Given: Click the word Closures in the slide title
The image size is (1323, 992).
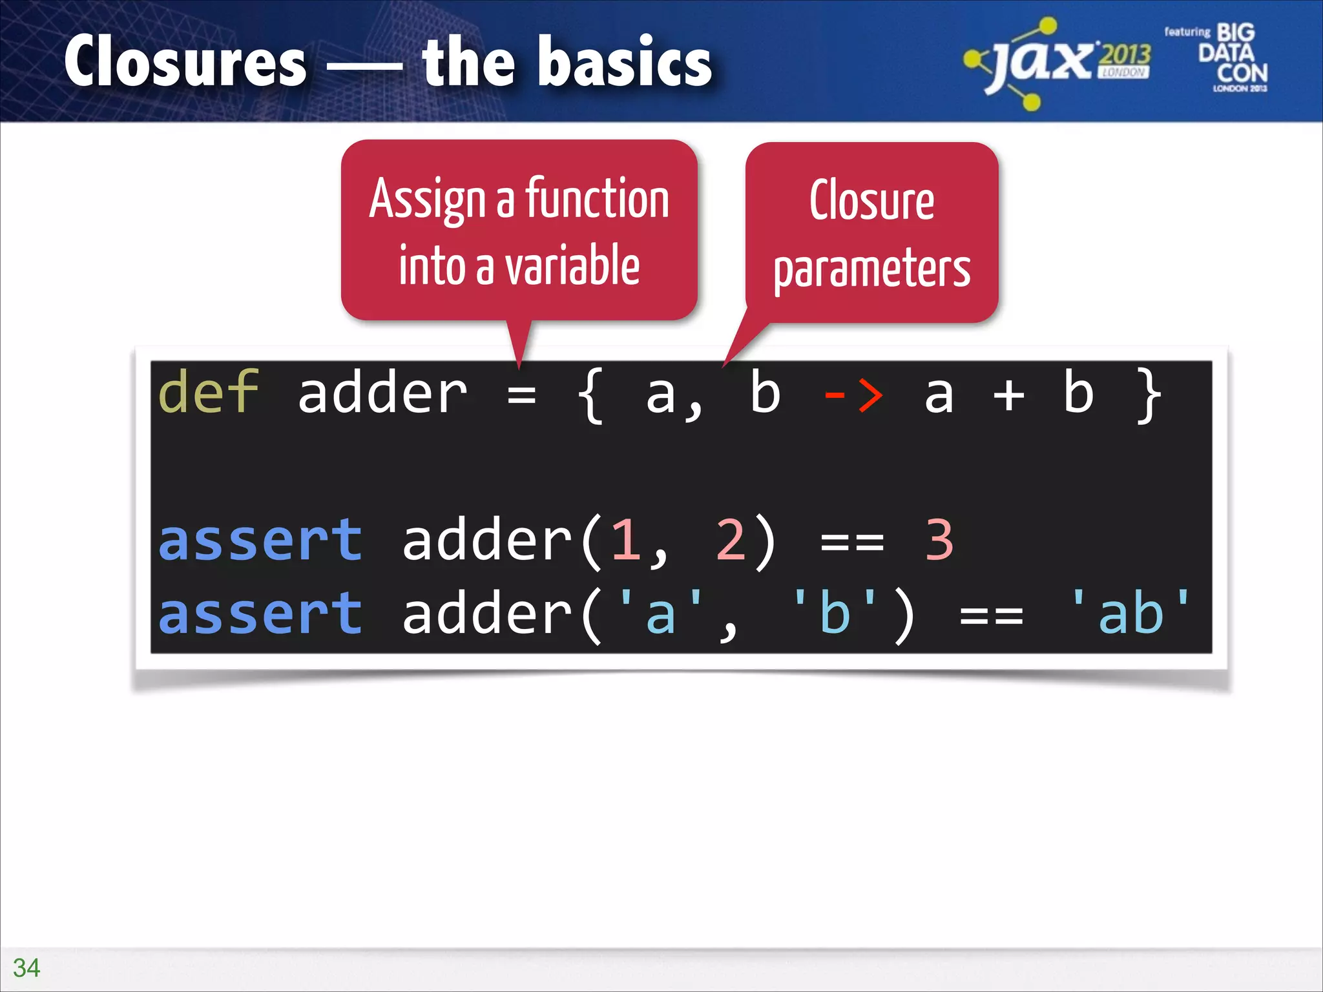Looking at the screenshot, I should point(185,61).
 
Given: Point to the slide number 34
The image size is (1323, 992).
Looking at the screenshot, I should point(26,967).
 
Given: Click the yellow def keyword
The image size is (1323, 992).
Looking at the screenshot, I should point(208,393).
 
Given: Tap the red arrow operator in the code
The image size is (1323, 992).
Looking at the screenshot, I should point(853,394).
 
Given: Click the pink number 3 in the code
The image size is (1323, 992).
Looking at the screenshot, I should point(939,540).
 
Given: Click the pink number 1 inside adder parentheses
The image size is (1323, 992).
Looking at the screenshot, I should point(625,540).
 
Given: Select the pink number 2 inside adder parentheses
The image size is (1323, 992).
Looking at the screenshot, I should point(730,540).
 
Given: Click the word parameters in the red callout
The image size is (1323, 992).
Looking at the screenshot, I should point(871,269).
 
